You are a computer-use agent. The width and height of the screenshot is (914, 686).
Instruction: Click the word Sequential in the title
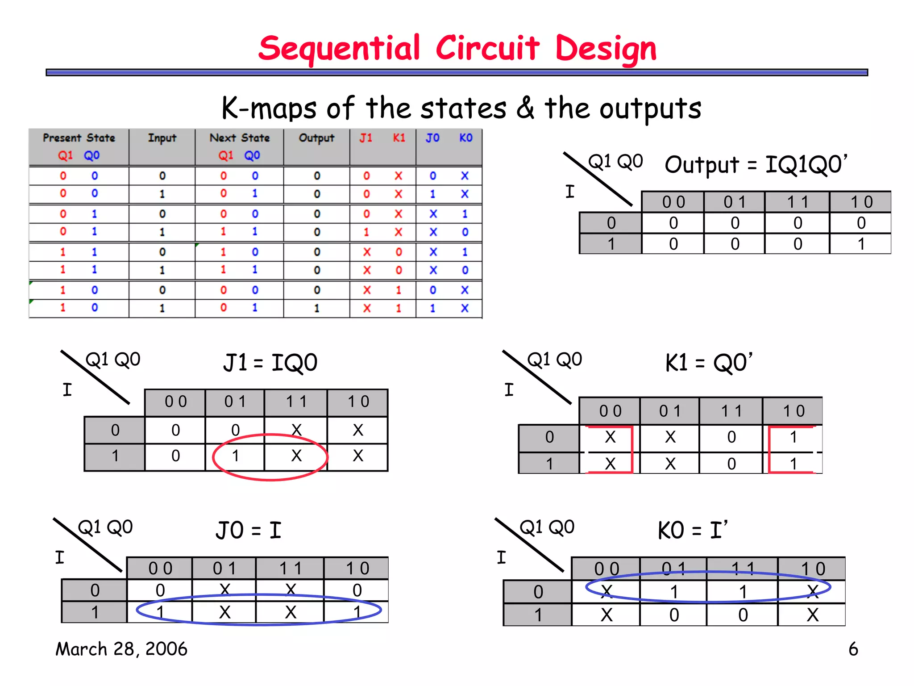(339, 48)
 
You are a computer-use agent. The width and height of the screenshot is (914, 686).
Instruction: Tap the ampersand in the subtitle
(525, 108)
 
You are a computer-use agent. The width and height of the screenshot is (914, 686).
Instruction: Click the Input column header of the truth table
(162, 138)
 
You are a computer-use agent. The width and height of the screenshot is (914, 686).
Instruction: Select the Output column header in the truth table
(316, 138)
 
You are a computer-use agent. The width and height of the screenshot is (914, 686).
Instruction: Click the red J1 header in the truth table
(366, 138)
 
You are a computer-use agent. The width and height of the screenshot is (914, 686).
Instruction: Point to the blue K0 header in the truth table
(465, 138)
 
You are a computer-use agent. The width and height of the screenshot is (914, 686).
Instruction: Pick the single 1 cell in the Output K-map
(861, 244)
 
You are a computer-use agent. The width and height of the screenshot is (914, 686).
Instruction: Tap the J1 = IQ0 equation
(270, 362)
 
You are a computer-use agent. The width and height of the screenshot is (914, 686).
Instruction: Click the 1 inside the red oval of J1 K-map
(235, 456)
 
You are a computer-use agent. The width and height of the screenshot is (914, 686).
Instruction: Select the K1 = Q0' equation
(709, 362)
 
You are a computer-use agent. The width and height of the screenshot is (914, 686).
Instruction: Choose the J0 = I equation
(248, 530)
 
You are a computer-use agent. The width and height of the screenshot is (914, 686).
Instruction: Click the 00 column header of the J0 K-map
(160, 569)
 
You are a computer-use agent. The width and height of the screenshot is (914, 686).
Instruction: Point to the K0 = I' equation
(693, 530)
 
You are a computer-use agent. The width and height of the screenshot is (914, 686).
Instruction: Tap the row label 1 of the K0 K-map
(538, 615)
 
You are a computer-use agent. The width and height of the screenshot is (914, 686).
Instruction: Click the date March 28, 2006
(121, 649)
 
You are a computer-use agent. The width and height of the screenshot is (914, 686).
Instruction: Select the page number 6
(853, 649)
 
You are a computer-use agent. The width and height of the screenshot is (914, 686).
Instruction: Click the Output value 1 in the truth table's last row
(316, 308)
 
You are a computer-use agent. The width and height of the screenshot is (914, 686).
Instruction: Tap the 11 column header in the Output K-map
(798, 202)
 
